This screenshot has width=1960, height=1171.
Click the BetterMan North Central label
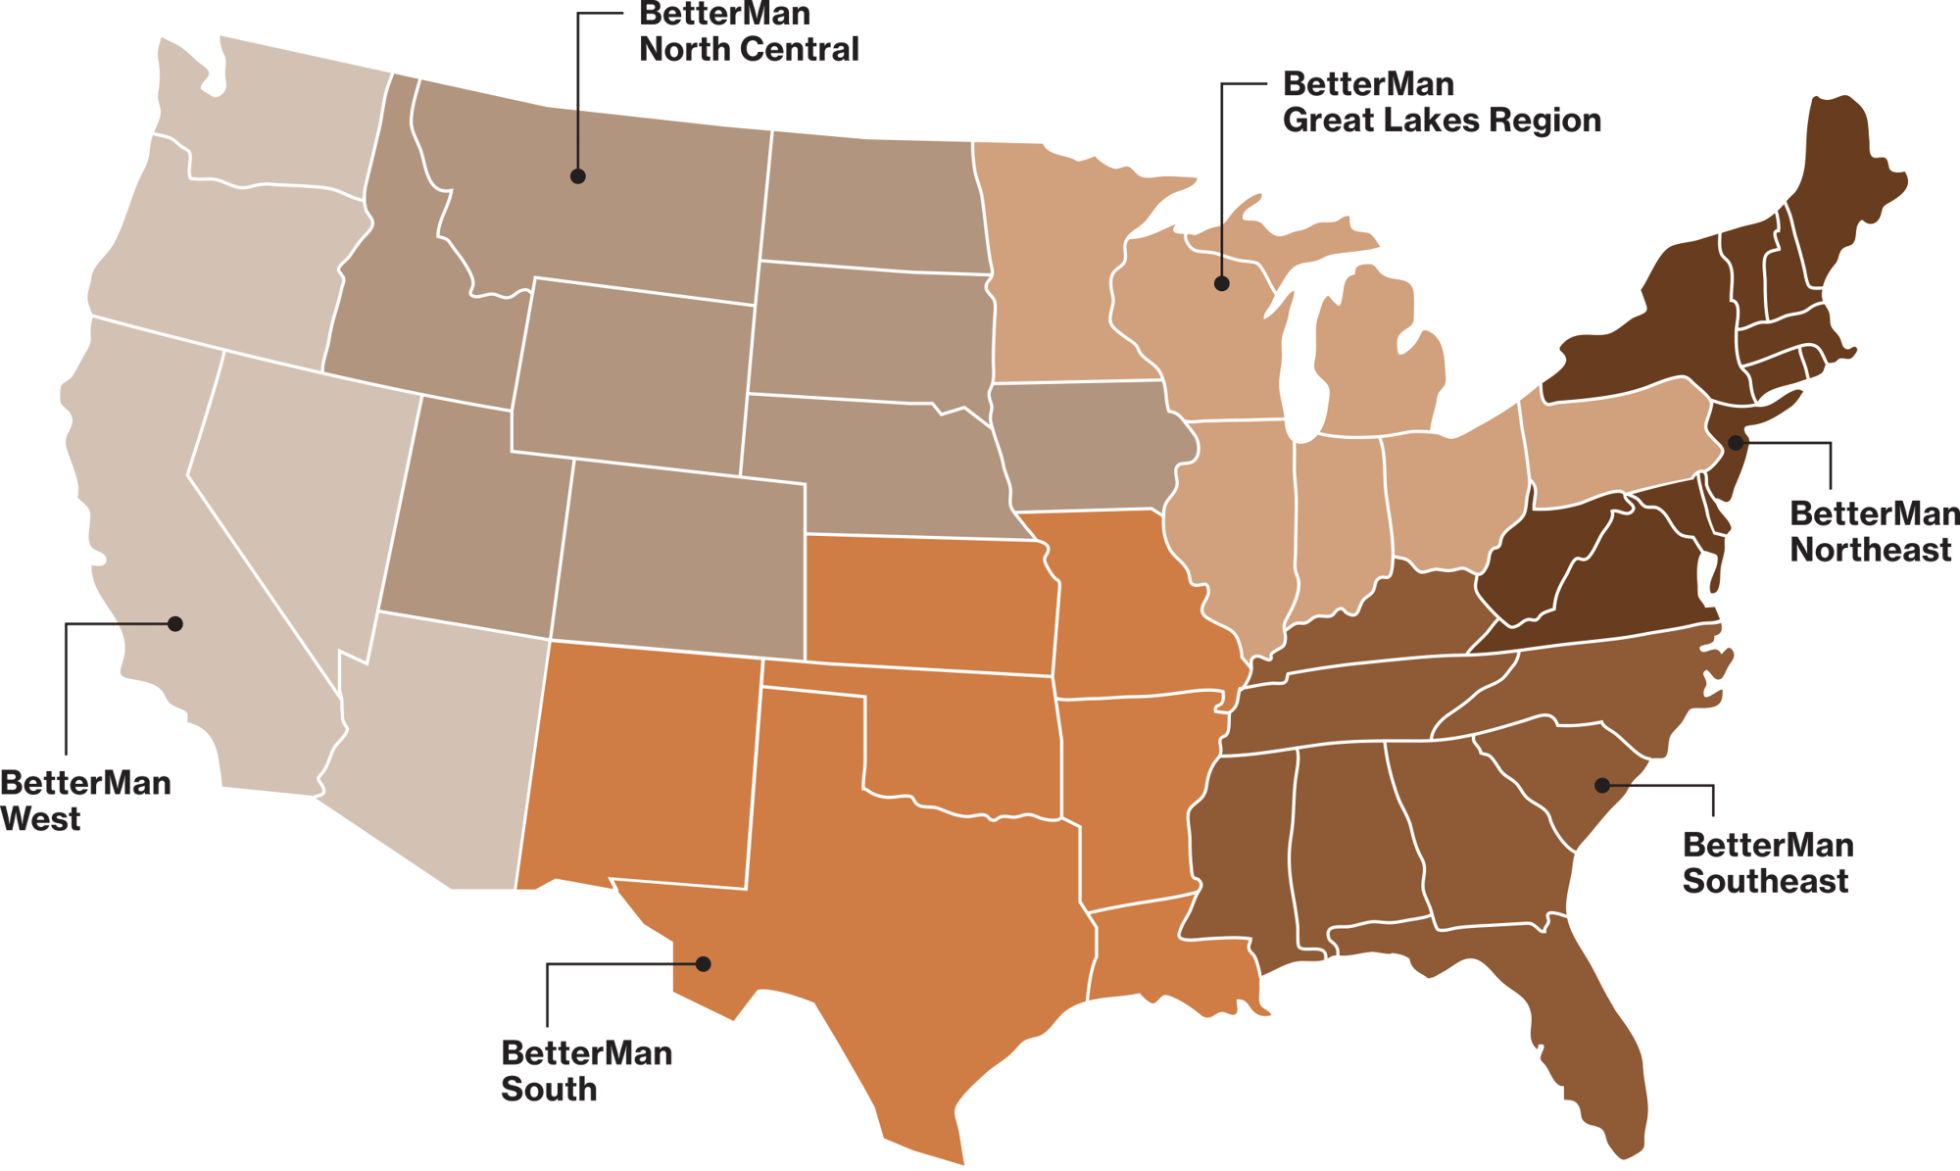tap(749, 31)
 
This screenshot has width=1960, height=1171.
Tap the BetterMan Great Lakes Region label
tap(1441, 102)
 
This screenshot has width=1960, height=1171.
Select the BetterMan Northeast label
tap(1872, 531)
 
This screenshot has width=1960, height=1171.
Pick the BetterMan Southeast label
tap(1766, 862)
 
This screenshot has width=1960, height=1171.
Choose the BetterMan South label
tap(586, 1070)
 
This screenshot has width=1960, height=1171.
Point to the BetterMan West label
tap(84, 800)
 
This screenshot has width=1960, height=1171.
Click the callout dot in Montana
tap(578, 176)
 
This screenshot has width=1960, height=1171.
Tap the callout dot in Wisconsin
tap(1221, 283)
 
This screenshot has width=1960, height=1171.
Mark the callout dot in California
tap(175, 623)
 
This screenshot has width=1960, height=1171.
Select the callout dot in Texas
tap(703, 963)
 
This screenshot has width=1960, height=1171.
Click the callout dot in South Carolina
tap(1601, 785)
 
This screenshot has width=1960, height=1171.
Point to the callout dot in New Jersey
tap(1735, 442)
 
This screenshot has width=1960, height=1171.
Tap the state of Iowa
tap(1088, 446)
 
